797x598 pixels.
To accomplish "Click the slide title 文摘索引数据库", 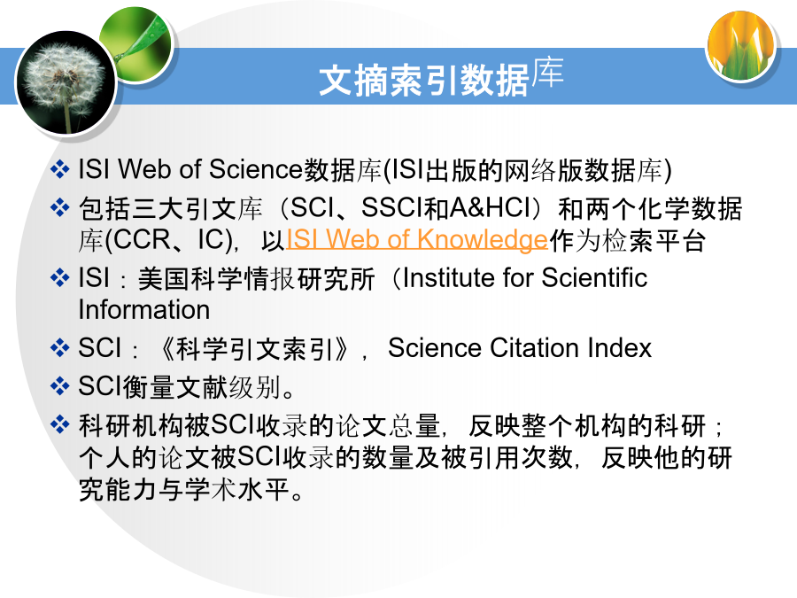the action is [441, 77].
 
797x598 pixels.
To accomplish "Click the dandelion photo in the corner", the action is [66, 82].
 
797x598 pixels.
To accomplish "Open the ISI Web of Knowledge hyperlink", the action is [417, 239].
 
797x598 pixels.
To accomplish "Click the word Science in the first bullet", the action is [256, 169].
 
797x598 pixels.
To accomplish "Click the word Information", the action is [144, 310].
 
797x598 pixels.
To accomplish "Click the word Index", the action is [619, 348].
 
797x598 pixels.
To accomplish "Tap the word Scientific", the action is [594, 278].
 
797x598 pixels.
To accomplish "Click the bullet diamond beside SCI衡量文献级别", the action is [60, 386].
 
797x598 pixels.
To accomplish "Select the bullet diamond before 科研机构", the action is [60, 424].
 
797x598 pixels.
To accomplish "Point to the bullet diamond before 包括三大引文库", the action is [60, 207].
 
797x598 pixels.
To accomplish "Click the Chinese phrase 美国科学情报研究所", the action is [256, 279].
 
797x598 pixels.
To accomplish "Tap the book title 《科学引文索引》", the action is [255, 349].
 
